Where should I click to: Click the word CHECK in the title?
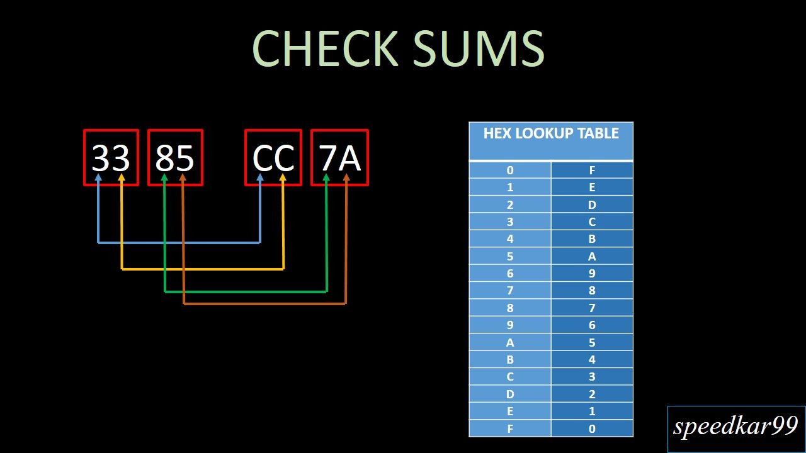pyautogui.click(x=325, y=48)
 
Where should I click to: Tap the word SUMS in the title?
pyautogui.click(x=479, y=48)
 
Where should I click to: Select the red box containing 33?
pyautogui.click(x=111, y=157)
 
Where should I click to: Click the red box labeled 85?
pyautogui.click(x=175, y=157)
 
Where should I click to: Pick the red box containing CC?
pyautogui.click(x=273, y=157)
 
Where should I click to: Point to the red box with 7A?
pyautogui.click(x=340, y=157)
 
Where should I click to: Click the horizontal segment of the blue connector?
pyautogui.click(x=179, y=242)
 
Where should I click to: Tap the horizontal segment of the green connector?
pyautogui.click(x=246, y=292)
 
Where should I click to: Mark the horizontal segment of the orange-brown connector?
pyautogui.click(x=264, y=304)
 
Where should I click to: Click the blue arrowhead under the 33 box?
pyautogui.click(x=98, y=178)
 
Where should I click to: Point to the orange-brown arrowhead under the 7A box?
pyautogui.click(x=346, y=178)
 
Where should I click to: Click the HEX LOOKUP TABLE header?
pyautogui.click(x=551, y=133)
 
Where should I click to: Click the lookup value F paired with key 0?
pyautogui.click(x=592, y=171)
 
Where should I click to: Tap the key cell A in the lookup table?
pyautogui.click(x=510, y=343)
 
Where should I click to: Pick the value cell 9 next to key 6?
pyautogui.click(x=592, y=274)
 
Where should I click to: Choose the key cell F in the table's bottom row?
pyautogui.click(x=510, y=428)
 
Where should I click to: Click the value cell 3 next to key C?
pyautogui.click(x=592, y=377)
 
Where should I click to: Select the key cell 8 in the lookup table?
pyautogui.click(x=510, y=308)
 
